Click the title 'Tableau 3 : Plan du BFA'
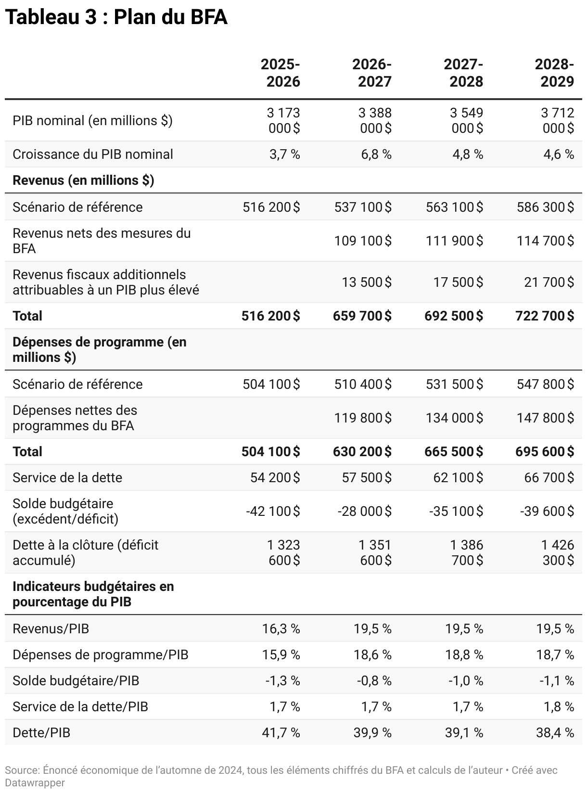[x=116, y=17]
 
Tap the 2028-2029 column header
[x=554, y=73]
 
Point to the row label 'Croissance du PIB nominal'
[x=93, y=154]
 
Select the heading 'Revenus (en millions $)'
[x=83, y=180]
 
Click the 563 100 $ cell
[x=454, y=207]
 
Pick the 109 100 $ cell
[x=363, y=241]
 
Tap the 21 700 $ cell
[x=549, y=282]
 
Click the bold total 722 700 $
[x=545, y=316]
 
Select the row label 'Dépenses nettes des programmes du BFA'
[x=75, y=418]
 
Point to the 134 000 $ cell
[x=454, y=418]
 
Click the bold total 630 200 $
[x=362, y=452]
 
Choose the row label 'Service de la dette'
[x=67, y=478]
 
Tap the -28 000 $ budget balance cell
[x=364, y=512]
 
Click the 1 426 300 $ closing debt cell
[x=557, y=553]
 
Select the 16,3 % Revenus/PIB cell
[x=281, y=629]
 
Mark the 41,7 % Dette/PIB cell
[x=281, y=733]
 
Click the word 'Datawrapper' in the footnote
[x=35, y=783]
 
